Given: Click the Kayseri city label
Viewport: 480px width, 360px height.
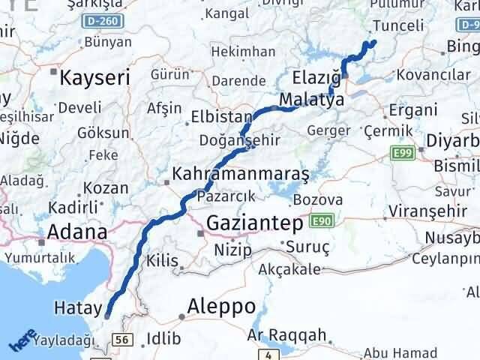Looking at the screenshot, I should (94, 77).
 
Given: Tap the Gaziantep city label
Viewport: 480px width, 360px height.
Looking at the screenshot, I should (255, 223).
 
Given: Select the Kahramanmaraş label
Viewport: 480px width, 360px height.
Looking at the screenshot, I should (240, 174).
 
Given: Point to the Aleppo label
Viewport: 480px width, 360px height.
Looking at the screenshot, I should (221, 306).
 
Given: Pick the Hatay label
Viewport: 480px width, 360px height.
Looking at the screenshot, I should (73, 307).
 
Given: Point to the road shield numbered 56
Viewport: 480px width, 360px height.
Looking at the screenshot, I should (123, 340).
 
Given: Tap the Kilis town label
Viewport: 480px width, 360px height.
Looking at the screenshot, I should (162, 262).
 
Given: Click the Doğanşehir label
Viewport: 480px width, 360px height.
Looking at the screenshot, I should (240, 140).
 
